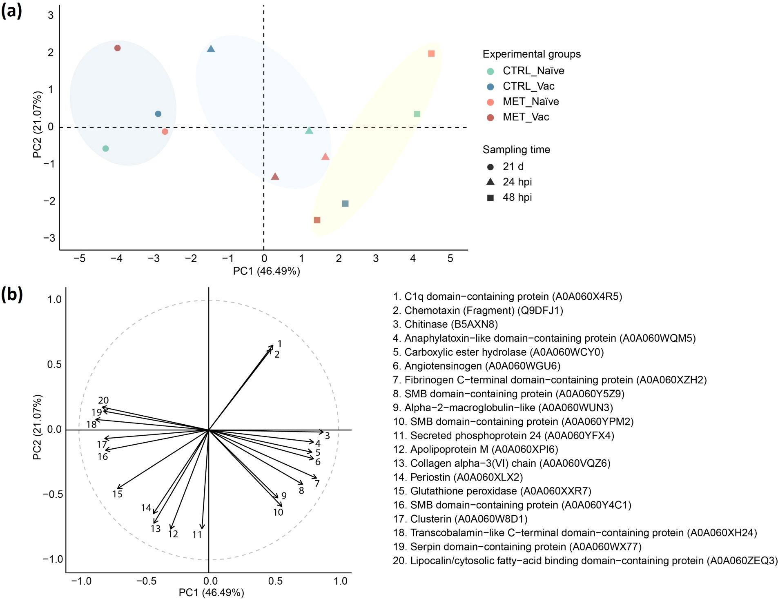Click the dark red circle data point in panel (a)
coord(118,48)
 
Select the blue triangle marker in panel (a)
coord(211,49)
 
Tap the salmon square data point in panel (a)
coord(431,53)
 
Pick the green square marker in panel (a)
coord(417,114)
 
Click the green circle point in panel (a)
coord(106,149)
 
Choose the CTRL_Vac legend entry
coord(528,86)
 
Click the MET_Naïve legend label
coord(531,102)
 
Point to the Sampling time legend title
coord(516,149)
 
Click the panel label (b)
coord(11,294)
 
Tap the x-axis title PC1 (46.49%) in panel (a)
coord(266,271)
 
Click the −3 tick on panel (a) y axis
coord(49,238)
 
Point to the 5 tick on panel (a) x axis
coord(450,258)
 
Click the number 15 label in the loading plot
coord(118,494)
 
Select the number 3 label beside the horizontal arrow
coord(327,436)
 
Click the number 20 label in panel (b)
coord(103,401)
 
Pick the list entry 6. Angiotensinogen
coord(476,366)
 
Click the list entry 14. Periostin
coord(458,477)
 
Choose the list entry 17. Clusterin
coord(460,519)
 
